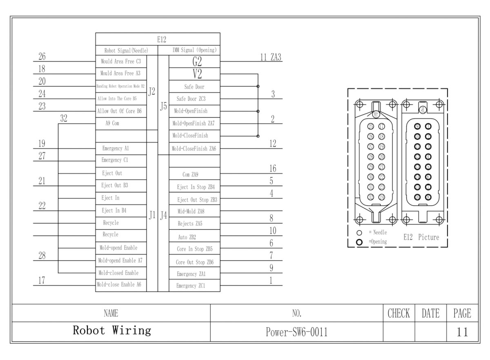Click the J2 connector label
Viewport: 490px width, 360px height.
(152, 92)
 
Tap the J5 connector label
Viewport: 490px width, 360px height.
(163, 106)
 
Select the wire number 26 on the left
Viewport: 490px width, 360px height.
(42, 56)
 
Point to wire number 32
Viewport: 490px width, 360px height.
(64, 119)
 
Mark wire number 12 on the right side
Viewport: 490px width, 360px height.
(273, 144)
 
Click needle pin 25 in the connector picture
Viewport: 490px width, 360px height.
(371, 126)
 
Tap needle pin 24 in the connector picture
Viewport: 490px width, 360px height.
(382, 198)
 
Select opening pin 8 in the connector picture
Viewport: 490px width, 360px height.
(428, 197)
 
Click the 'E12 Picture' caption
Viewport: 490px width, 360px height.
(421, 237)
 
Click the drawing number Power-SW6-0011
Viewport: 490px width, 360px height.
(296, 332)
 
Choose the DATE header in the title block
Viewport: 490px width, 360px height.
(430, 313)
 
